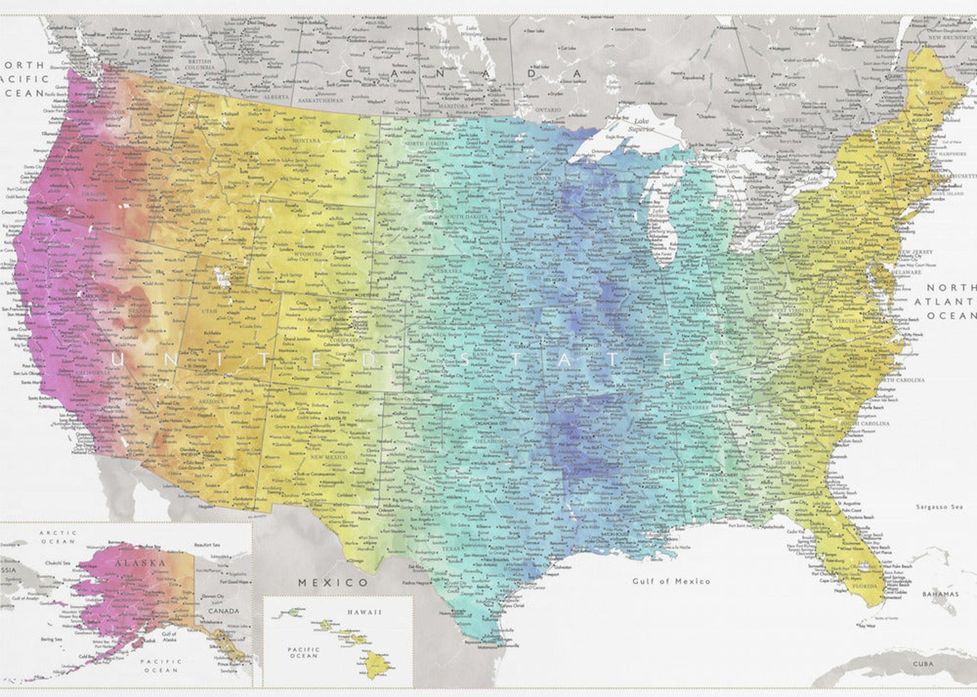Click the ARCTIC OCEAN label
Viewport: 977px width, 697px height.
[x=58, y=537]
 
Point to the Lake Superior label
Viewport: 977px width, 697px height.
[x=641, y=124]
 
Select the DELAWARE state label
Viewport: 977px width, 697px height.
[x=906, y=272]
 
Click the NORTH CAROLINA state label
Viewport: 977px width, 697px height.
[x=900, y=380]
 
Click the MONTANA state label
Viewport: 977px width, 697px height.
[x=306, y=140]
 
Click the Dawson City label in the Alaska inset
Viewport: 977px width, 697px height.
[x=213, y=597]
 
